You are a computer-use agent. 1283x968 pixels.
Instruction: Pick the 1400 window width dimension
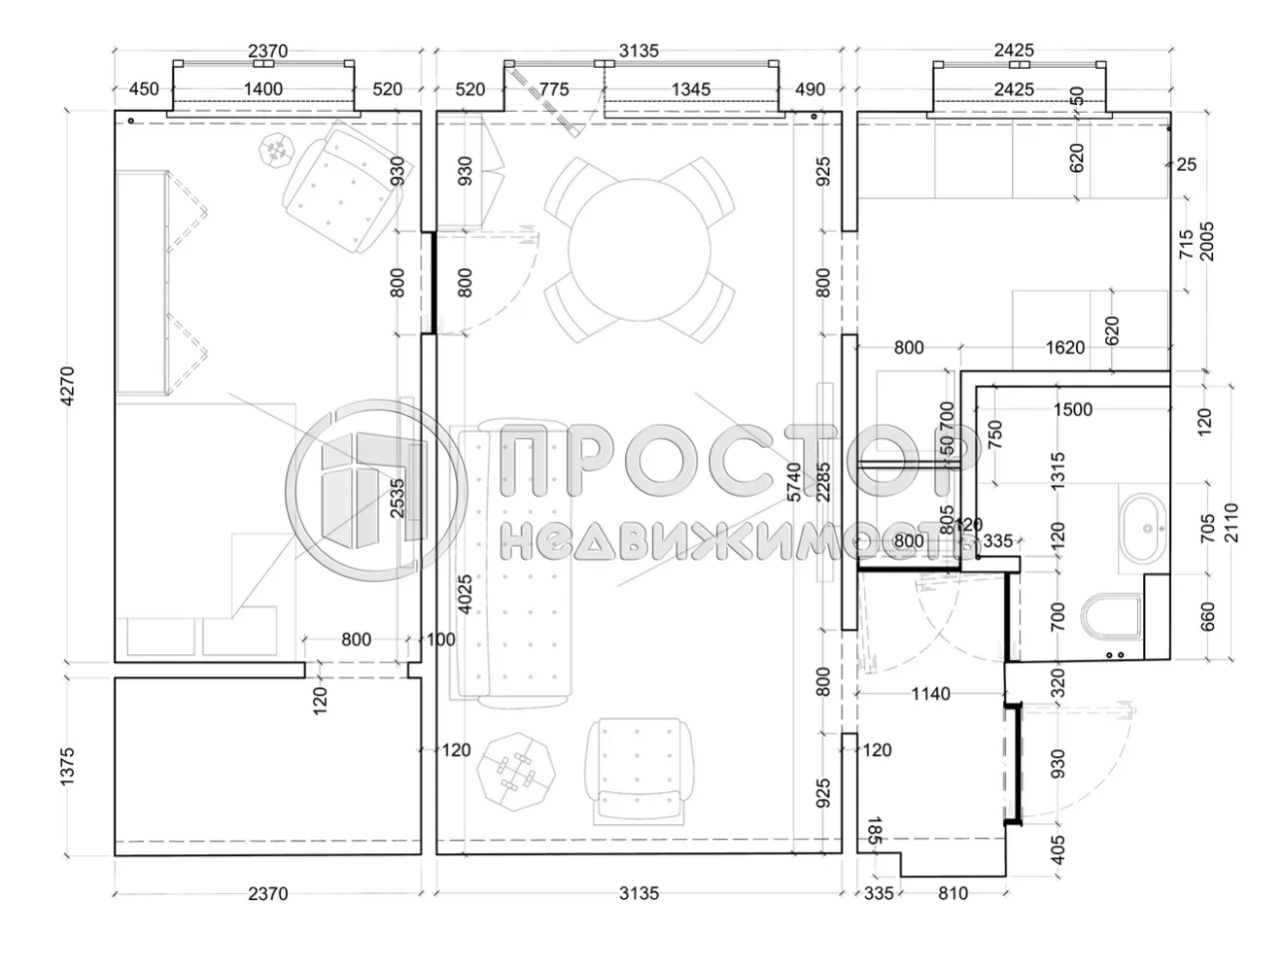(262, 89)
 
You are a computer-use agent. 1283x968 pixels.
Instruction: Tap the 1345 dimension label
(690, 89)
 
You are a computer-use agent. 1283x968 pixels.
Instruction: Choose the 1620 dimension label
(1064, 348)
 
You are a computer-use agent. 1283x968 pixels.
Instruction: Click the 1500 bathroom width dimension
(1072, 409)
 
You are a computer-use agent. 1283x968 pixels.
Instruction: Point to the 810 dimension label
(954, 892)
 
